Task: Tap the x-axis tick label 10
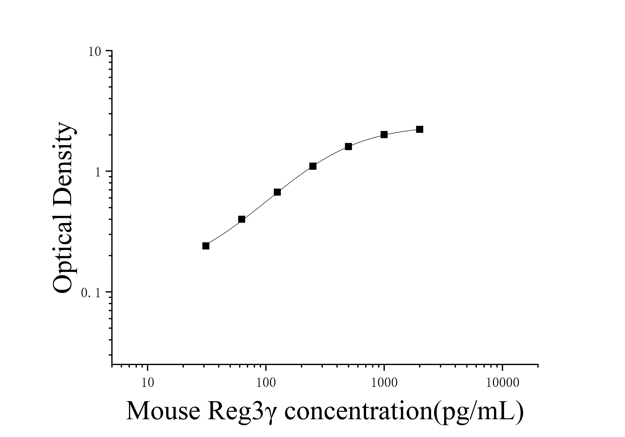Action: click(x=148, y=382)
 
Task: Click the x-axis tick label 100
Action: click(x=266, y=382)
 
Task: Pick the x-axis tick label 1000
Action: click(x=384, y=382)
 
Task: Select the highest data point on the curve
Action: click(x=420, y=129)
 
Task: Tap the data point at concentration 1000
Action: click(x=384, y=135)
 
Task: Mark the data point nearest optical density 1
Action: click(x=313, y=166)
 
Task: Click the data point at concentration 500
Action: click(x=348, y=147)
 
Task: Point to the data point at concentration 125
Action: click(x=277, y=192)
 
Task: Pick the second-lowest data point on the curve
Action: click(x=241, y=219)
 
